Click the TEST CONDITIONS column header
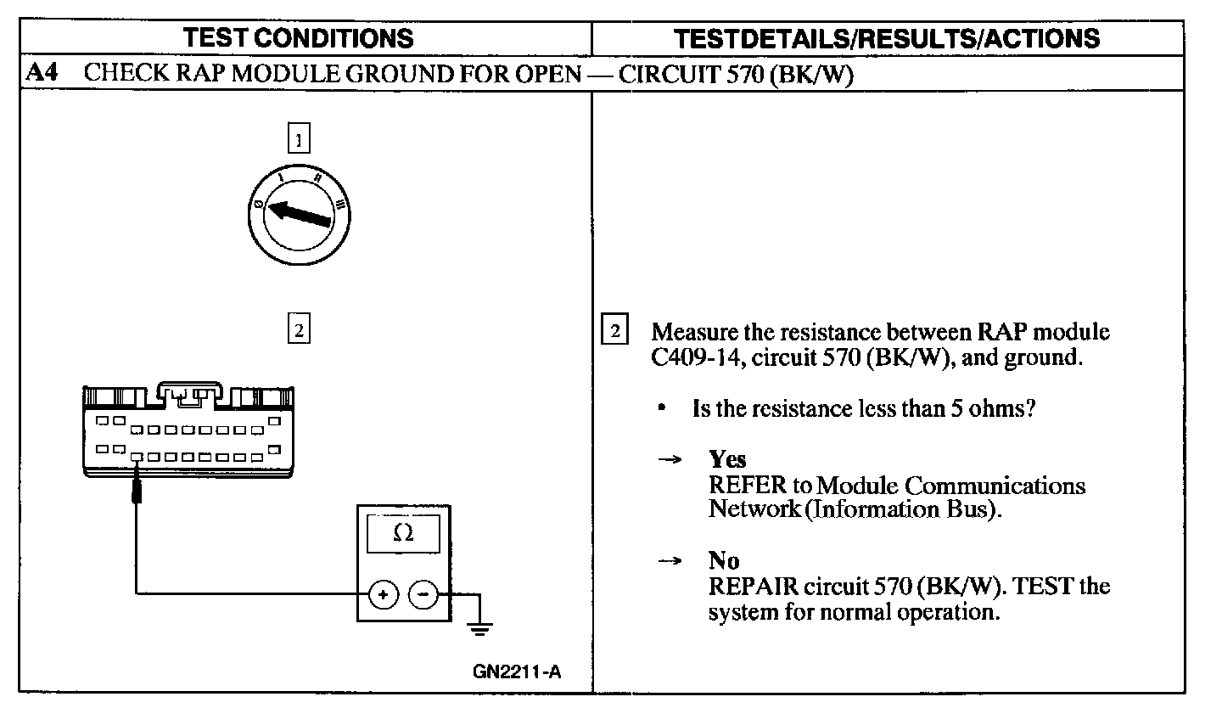(300, 38)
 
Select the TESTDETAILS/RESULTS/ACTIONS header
(886, 38)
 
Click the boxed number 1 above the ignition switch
(299, 137)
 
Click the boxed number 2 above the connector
(299, 329)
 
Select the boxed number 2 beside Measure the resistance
(615, 329)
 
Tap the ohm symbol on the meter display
(403, 533)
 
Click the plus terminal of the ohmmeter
(383, 595)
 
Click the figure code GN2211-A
(517, 672)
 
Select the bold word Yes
(727, 459)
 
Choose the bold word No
(723, 560)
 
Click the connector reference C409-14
(702, 357)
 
